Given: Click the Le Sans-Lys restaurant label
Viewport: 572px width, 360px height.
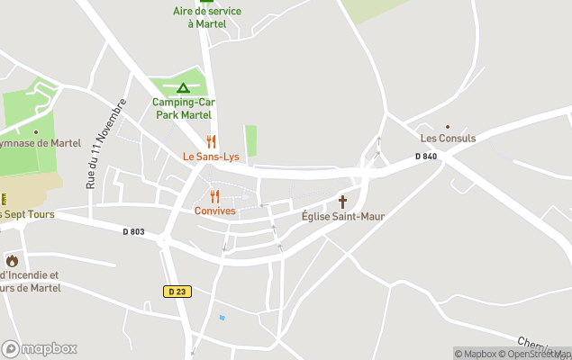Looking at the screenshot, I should [x=211, y=156].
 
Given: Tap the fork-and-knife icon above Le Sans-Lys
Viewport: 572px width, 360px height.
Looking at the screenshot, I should [x=212, y=141].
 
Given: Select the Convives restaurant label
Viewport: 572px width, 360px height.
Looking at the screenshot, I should [x=214, y=211].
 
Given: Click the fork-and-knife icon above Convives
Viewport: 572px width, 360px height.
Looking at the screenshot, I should [x=214, y=196].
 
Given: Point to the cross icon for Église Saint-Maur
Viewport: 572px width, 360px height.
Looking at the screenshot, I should [x=342, y=202].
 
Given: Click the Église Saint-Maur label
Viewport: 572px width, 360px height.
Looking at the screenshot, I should [x=342, y=216].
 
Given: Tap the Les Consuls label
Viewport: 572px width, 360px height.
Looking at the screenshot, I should [x=448, y=139].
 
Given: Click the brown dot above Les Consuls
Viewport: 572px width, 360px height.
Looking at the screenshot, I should [x=448, y=127].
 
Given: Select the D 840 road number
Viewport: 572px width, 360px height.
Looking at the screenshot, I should [x=425, y=157].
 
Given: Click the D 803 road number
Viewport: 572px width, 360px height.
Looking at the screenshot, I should [x=133, y=231].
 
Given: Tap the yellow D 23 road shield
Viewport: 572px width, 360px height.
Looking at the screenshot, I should [x=177, y=291].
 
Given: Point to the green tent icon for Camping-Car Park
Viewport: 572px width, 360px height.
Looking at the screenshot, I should [x=183, y=88].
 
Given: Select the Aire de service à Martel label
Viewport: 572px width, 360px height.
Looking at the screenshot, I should [x=206, y=17].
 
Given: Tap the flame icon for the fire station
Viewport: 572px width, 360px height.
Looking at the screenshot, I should [x=12, y=261].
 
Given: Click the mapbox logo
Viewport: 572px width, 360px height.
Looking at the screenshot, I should [x=40, y=348].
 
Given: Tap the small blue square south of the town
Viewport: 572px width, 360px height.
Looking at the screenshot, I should [x=222, y=318].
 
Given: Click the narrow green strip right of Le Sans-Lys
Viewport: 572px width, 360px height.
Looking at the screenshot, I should [x=250, y=140].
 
